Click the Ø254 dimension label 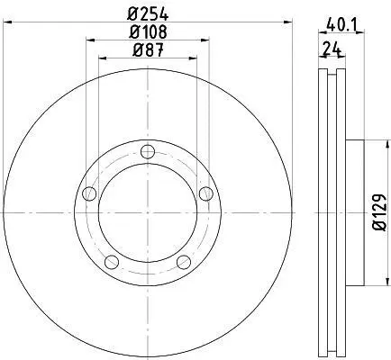coord(148,13)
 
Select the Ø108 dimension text coord(148,31)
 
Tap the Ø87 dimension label coord(148,49)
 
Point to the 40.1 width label coord(341,24)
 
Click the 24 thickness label coord(332,49)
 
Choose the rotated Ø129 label coord(379,212)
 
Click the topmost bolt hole coord(148,152)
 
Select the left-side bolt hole coord(89,193)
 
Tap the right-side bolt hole coord(206,193)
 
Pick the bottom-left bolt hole coord(112,262)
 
